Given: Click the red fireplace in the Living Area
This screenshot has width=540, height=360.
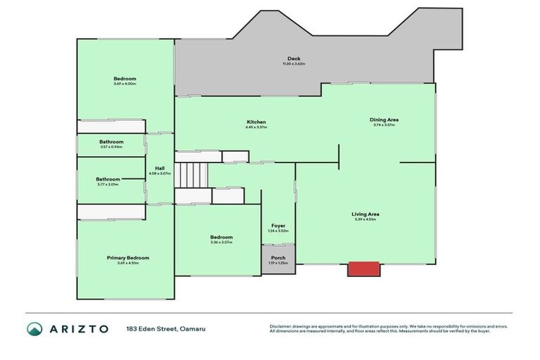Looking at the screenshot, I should pyautogui.click(x=364, y=269).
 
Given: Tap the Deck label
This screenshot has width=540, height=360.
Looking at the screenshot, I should pyautogui.click(x=294, y=58).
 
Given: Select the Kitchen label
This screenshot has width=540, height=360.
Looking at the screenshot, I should pyautogui.click(x=256, y=122).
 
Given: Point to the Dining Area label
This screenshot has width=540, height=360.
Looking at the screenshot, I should pyautogui.click(x=384, y=120).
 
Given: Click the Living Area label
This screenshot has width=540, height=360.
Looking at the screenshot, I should pyautogui.click(x=366, y=214).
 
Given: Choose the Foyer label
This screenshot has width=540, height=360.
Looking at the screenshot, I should pyautogui.click(x=278, y=225).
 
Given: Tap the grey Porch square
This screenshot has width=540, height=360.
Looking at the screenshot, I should pyautogui.click(x=278, y=259).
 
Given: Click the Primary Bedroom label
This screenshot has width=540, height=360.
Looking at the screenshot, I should pyautogui.click(x=128, y=257).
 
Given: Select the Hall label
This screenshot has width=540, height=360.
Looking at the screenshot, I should pyautogui.click(x=160, y=168).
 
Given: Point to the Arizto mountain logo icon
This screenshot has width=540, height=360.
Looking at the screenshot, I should pyautogui.click(x=34, y=328).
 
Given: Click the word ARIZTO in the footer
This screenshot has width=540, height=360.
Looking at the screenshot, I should pyautogui.click(x=78, y=328).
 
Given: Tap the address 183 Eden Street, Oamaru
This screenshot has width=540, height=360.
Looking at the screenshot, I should pyautogui.click(x=166, y=328).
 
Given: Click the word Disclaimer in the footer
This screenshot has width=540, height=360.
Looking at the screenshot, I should pyautogui.click(x=283, y=326).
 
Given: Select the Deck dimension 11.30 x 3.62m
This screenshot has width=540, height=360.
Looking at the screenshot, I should pyautogui.click(x=294, y=64).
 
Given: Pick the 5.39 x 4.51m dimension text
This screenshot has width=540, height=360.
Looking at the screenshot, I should pyautogui.click(x=366, y=219).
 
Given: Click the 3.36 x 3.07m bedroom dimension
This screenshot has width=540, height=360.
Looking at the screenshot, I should pyautogui.click(x=221, y=243).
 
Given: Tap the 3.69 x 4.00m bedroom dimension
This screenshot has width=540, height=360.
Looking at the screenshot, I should pyautogui.click(x=124, y=84).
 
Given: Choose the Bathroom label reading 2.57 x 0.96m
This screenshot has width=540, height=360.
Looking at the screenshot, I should pyautogui.click(x=111, y=141).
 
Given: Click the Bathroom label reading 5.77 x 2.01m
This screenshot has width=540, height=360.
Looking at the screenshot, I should pyautogui.click(x=108, y=179).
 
